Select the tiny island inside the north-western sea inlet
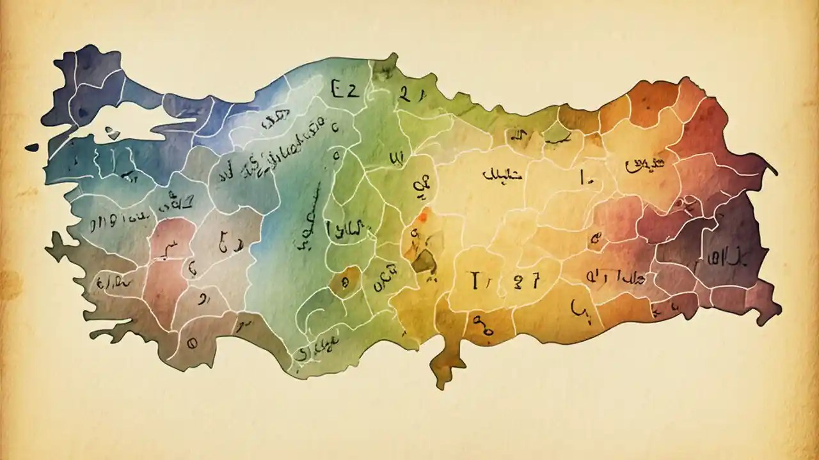[x=113, y=133]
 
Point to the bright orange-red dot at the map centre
[x=422, y=218]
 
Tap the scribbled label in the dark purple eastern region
[x=727, y=259]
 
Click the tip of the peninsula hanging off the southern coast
[x=441, y=383]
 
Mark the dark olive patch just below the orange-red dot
[x=422, y=261]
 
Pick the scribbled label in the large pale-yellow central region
[x=502, y=173]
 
